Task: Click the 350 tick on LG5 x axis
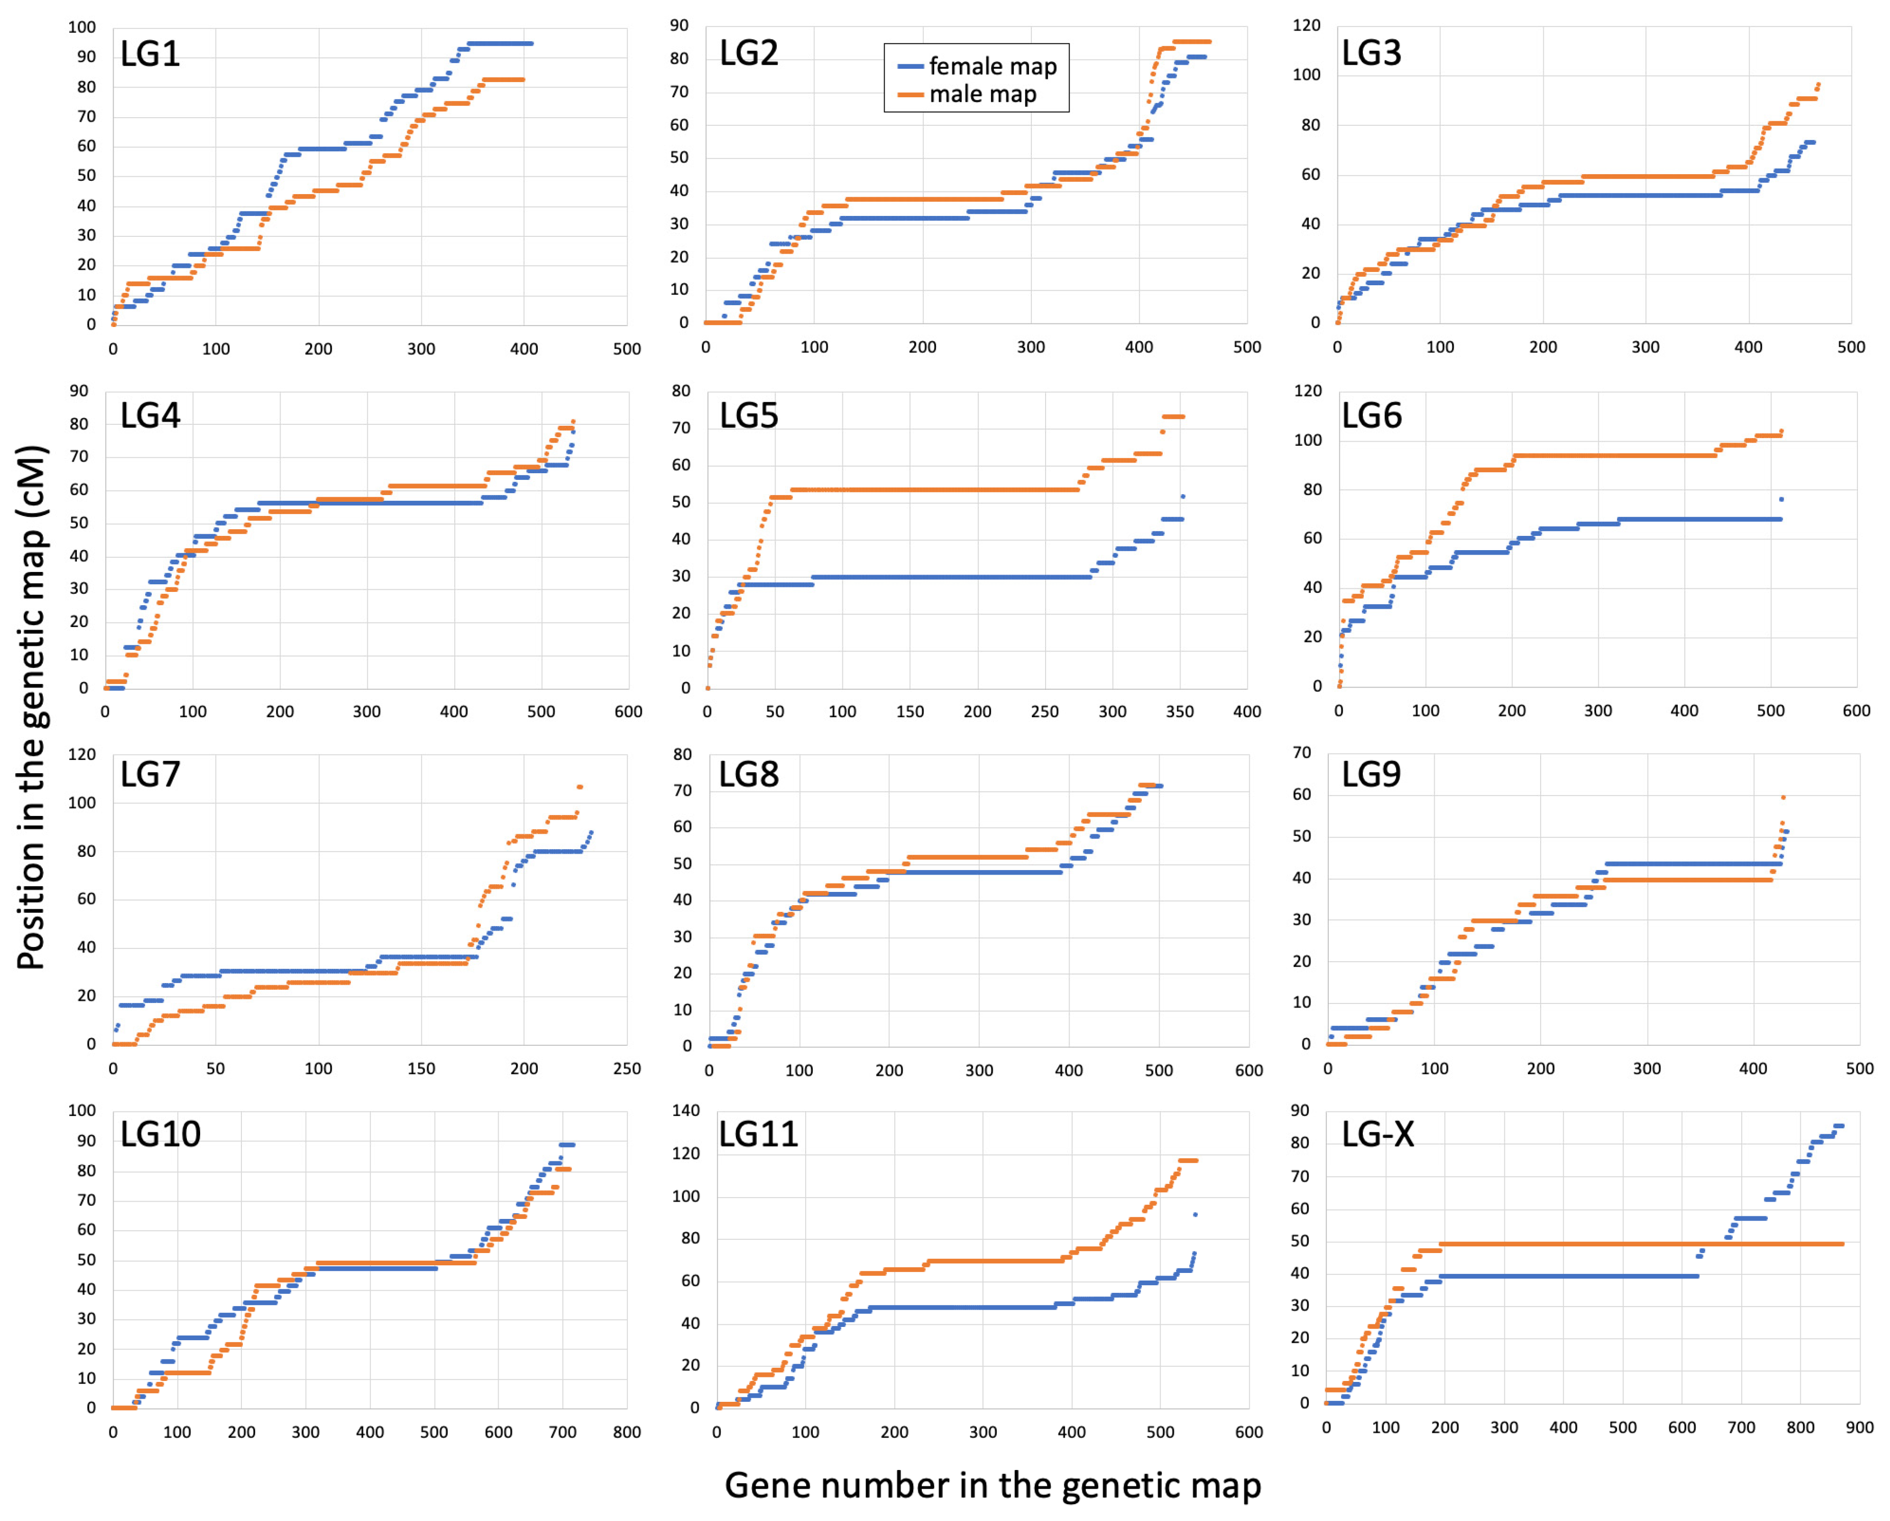click(x=1179, y=712)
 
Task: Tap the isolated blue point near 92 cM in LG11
click(x=1195, y=1214)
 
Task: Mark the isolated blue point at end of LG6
click(x=1782, y=500)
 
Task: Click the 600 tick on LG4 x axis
click(x=627, y=712)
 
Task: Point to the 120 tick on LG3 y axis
click(x=1306, y=25)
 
